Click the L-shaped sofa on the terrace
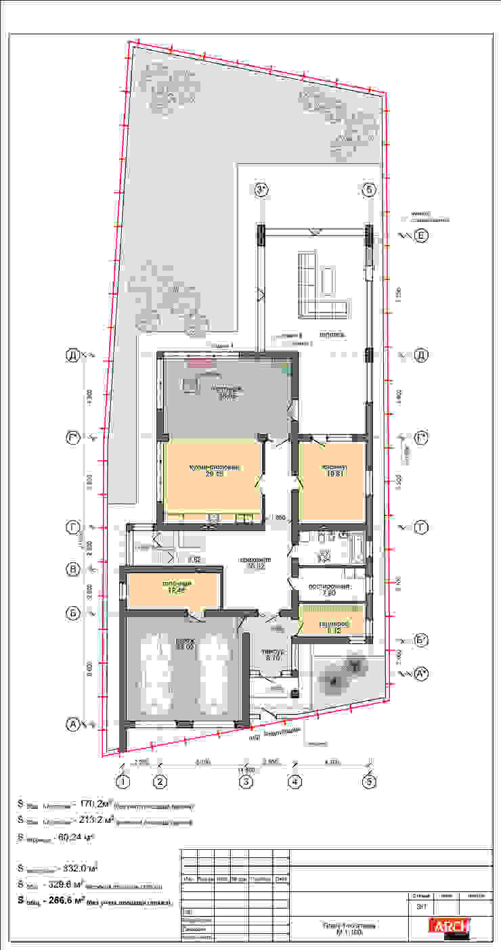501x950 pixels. [x=318, y=288]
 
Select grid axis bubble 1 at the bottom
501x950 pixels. [x=123, y=783]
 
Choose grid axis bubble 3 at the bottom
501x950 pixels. [x=247, y=783]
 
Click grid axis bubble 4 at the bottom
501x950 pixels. [x=295, y=783]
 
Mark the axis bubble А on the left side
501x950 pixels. [x=72, y=725]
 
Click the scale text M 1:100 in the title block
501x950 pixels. [x=349, y=932]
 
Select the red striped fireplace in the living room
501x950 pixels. [x=201, y=363]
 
